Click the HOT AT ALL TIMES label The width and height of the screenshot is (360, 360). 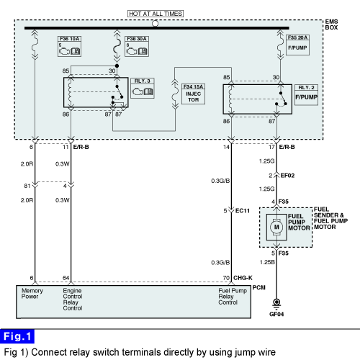(x=156, y=14)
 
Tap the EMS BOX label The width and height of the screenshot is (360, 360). (x=331, y=24)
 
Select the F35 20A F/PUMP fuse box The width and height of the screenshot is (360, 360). (x=297, y=45)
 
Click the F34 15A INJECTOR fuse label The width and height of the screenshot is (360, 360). (x=193, y=94)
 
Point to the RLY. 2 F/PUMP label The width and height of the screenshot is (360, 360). (x=306, y=95)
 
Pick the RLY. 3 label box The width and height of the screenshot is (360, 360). (x=143, y=88)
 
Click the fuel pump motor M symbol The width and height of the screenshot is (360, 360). (x=276, y=227)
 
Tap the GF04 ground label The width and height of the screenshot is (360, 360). (x=276, y=314)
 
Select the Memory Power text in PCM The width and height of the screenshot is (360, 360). (x=32, y=294)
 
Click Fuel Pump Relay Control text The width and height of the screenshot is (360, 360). (x=233, y=297)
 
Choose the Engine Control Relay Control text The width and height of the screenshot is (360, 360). (x=73, y=300)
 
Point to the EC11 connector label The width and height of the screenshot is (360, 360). (x=243, y=211)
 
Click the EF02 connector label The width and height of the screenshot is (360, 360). (x=287, y=176)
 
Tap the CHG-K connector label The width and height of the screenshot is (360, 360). (x=243, y=278)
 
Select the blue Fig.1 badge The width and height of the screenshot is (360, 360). (x=17, y=336)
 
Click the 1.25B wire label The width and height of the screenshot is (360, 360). (x=267, y=262)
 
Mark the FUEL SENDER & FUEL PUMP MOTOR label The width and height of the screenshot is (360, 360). (x=330, y=218)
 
